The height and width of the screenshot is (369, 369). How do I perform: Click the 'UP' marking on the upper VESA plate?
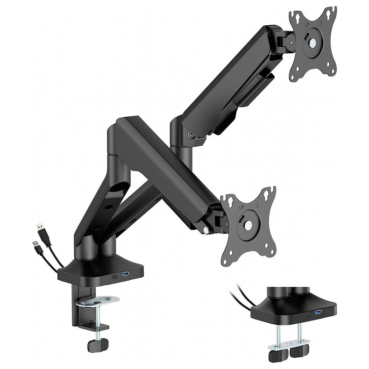tap(307, 25)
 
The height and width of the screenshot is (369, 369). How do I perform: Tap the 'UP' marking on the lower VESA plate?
tap(241, 207)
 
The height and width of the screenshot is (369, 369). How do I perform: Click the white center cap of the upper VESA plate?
tap(312, 43)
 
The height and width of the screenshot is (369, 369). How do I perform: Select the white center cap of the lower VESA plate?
tap(248, 226)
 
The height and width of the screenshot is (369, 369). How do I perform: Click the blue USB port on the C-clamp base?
tap(126, 274)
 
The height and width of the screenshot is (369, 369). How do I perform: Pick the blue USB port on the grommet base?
tap(319, 312)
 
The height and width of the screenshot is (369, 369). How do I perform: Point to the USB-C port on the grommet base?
tap(308, 315)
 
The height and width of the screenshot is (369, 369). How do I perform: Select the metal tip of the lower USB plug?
tap(35, 244)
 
